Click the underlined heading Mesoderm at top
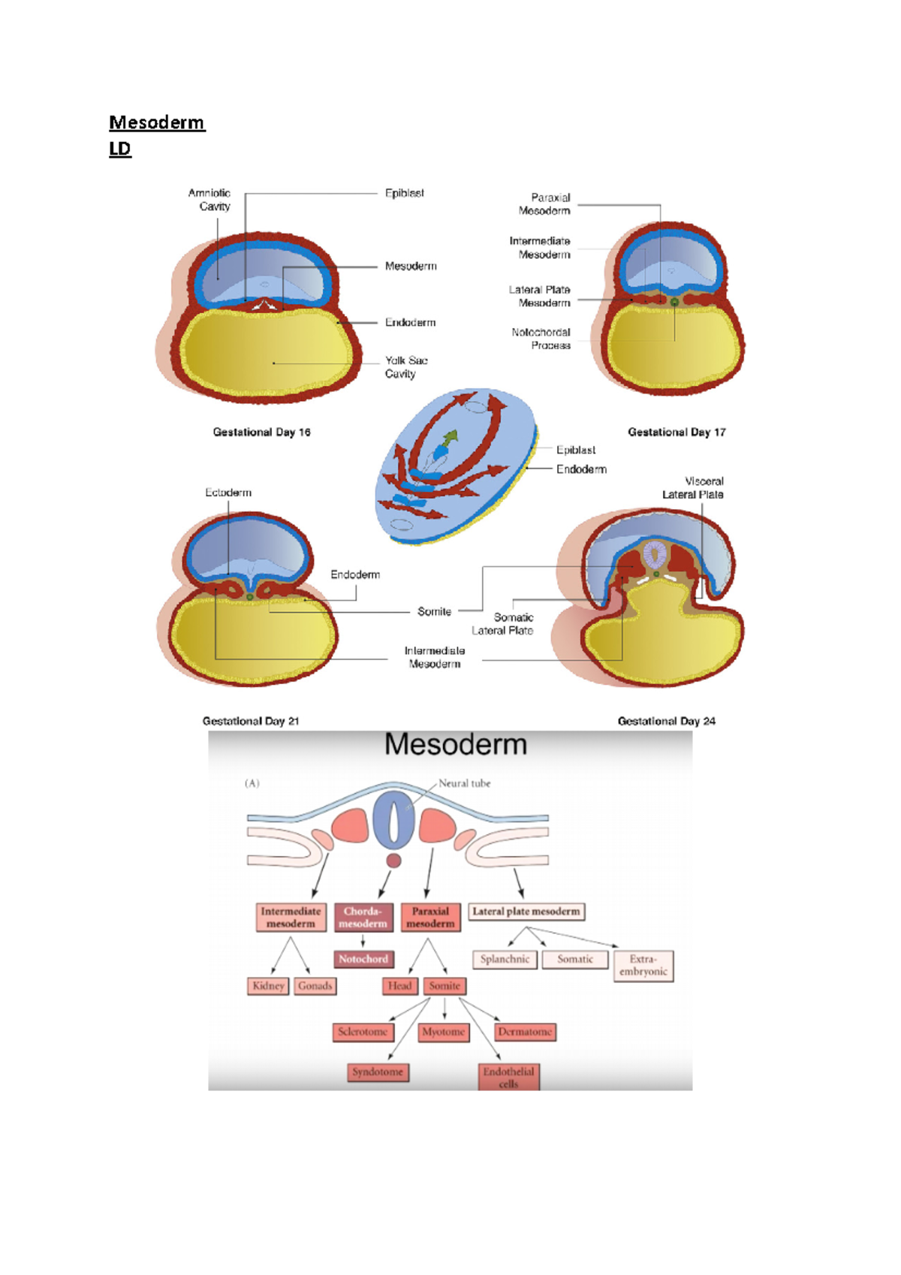click(156, 122)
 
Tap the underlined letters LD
click(120, 149)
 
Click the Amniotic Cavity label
click(209, 200)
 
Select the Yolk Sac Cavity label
click(406, 367)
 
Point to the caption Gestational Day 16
click(261, 433)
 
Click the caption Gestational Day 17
click(677, 433)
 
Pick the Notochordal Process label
click(541, 339)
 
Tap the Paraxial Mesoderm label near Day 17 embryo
click(544, 204)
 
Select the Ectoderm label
click(228, 493)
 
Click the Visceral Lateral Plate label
click(693, 488)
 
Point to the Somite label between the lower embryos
click(434, 612)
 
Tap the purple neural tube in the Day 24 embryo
click(655, 555)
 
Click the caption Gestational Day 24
click(666, 721)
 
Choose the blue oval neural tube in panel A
click(393, 820)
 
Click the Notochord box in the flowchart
click(363, 959)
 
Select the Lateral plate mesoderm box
click(526, 912)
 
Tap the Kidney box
click(268, 986)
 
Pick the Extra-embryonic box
click(643, 966)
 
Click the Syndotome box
click(378, 1072)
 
